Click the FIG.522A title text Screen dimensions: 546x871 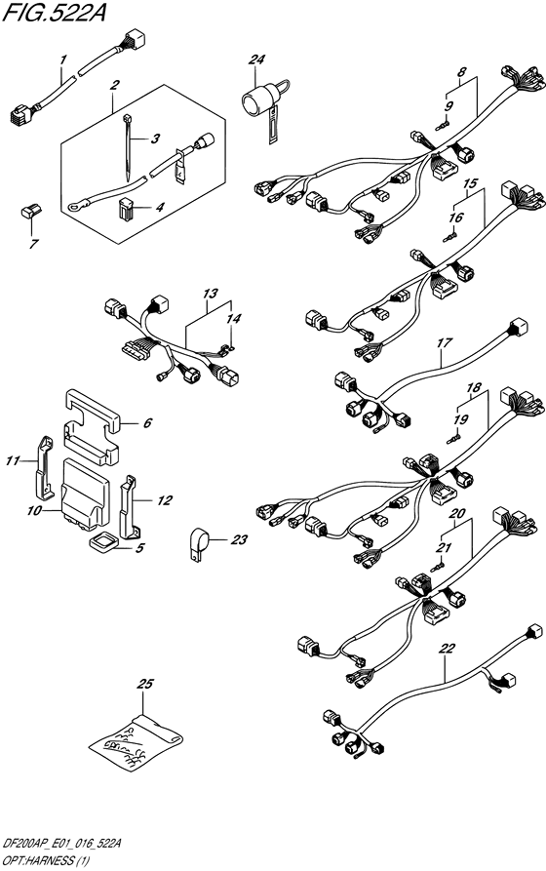tap(54, 13)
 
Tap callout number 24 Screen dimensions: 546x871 tap(256, 59)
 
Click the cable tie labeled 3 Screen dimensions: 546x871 tap(128, 147)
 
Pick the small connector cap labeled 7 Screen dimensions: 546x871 tap(31, 212)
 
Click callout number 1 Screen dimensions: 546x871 tap(63, 59)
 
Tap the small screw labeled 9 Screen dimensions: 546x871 tap(443, 127)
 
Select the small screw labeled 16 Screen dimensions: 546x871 tap(449, 238)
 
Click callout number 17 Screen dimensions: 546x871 tap(445, 343)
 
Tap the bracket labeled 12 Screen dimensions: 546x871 tap(129, 506)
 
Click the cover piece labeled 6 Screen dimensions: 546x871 tap(92, 426)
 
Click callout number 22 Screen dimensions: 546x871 tap(448, 649)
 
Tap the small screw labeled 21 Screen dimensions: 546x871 tap(438, 567)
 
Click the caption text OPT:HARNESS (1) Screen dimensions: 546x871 tap(45, 861)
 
